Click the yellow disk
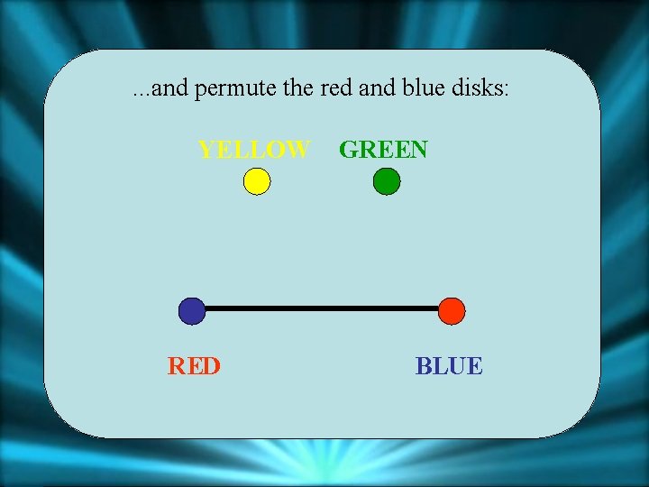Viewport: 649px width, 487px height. [x=257, y=182]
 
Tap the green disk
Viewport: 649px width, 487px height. [x=386, y=182]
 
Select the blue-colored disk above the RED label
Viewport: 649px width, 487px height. [x=192, y=311]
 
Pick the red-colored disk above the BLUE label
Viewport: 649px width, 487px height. [x=452, y=311]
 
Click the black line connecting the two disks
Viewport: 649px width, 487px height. [x=322, y=308]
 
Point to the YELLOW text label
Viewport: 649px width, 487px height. [x=254, y=149]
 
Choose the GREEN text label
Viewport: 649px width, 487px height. [x=383, y=149]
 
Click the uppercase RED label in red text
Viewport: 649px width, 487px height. [x=194, y=365]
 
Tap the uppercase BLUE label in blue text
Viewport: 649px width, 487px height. [x=449, y=365]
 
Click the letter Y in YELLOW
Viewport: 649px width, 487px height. [x=207, y=149]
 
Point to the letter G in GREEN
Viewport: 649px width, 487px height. [x=348, y=149]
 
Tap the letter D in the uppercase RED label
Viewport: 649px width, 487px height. [x=211, y=365]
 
